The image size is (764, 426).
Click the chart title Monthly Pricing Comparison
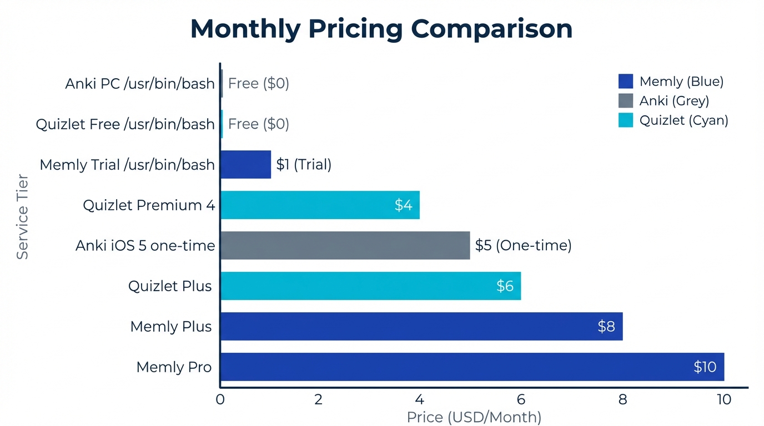pos(381,29)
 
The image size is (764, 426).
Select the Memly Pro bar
pos(472,367)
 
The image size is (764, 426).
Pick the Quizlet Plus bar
pos(370,286)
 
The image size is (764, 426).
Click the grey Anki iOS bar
pos(345,245)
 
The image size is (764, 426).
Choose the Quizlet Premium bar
pos(320,205)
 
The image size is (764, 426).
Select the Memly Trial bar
pos(245,164)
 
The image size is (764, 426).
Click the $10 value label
pos(705,367)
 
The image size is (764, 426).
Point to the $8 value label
pos(606,326)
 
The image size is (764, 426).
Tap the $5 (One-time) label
pos(523,245)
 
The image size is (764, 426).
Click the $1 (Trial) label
pos(304,164)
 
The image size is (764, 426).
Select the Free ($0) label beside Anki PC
pos(259,83)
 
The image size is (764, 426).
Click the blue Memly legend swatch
pos(625,82)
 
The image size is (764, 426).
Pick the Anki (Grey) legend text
pos(674,101)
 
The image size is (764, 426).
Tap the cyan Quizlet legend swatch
pos(625,120)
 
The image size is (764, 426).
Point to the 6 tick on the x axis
pos(521,400)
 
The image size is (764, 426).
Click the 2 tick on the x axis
pos(318,400)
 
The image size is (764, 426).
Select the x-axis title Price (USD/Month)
pos(474,417)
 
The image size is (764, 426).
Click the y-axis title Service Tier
pos(22,217)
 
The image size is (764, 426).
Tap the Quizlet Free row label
pos(125,124)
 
